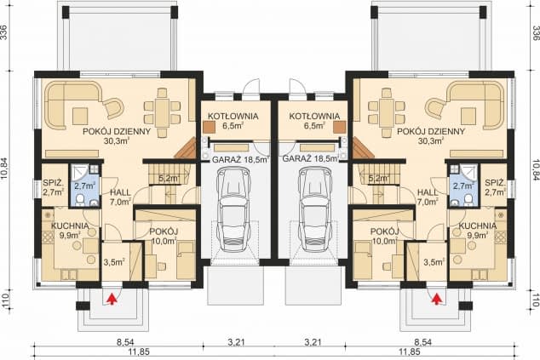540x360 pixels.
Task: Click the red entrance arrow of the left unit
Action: [112, 299]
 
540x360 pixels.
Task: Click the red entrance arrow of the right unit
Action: [437, 299]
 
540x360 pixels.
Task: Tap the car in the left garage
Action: [233, 210]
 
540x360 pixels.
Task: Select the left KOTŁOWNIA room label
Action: [233, 117]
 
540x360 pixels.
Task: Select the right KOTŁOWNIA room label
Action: [314, 117]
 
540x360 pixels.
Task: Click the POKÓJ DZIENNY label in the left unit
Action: [117, 131]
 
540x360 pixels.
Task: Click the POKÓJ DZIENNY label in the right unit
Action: [431, 131]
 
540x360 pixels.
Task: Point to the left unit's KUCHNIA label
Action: [70, 226]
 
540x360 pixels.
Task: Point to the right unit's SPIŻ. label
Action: [495, 182]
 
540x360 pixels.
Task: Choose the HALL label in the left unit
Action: [120, 192]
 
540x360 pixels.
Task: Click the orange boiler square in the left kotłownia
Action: [209, 127]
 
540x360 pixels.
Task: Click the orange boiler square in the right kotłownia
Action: [339, 127]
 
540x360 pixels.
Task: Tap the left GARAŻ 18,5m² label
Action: [240, 160]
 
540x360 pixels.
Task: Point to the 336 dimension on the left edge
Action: [4, 32]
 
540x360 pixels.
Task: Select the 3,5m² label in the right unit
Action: [434, 262]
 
